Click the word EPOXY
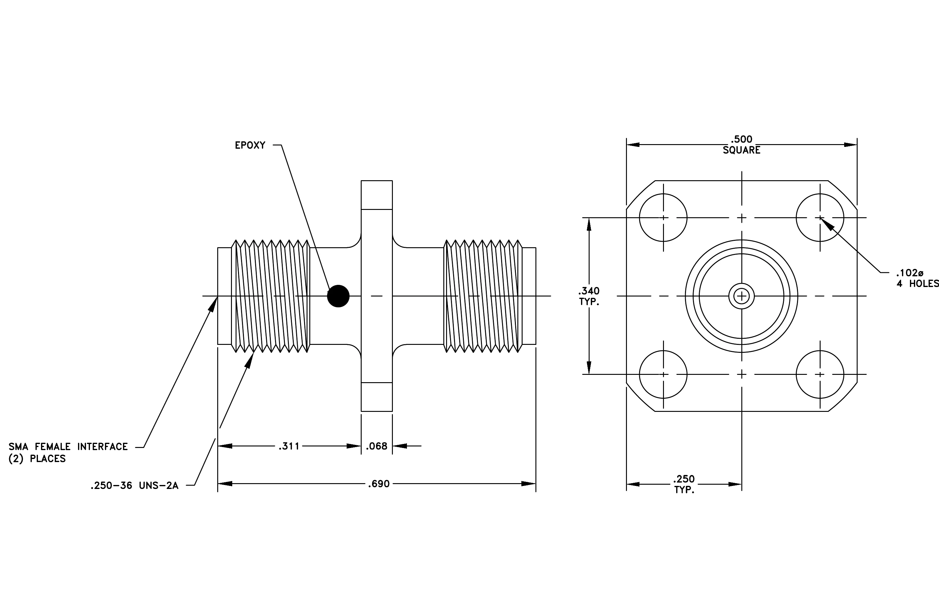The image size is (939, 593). tap(250, 145)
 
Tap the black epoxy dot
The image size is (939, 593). tap(338, 296)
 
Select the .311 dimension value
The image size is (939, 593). tap(289, 446)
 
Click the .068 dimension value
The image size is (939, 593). tap(377, 446)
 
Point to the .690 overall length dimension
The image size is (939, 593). tap(379, 484)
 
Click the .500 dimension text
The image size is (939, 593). tap(741, 140)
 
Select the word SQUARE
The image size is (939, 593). tap(741, 150)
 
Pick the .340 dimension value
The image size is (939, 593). tap(589, 291)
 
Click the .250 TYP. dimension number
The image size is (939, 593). tap(684, 479)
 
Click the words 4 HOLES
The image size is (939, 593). tap(918, 284)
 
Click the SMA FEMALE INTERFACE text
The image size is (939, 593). tap(68, 447)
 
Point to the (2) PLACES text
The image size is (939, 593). tap(37, 459)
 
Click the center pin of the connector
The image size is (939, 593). tap(742, 296)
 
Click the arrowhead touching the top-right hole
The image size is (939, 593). tap(827, 224)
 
